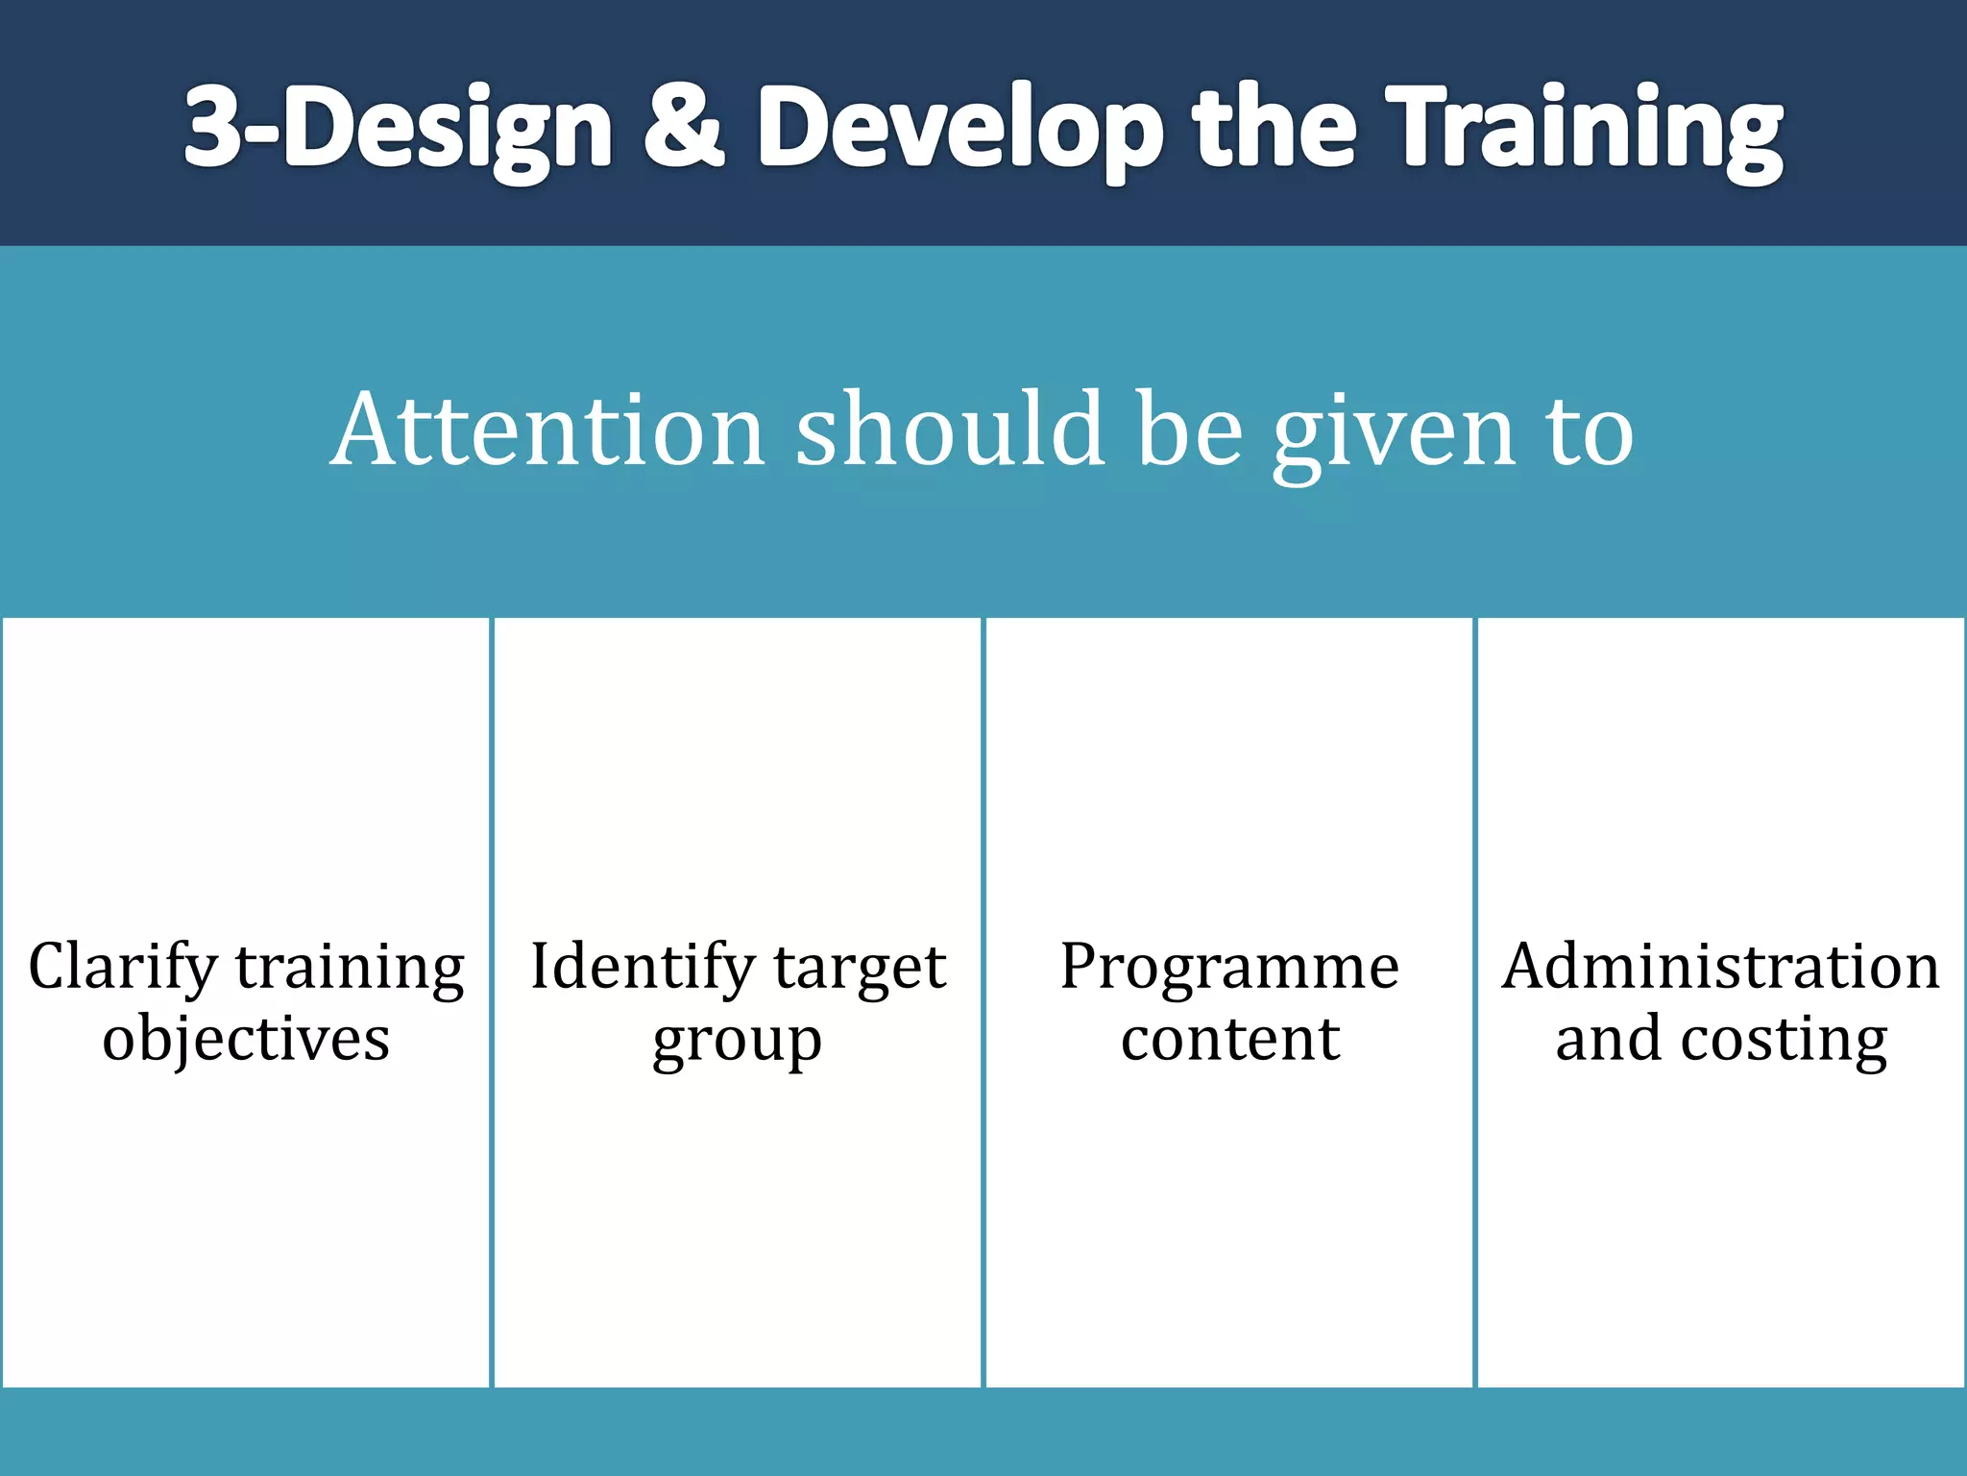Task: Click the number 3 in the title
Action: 213,127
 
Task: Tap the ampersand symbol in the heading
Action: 683,127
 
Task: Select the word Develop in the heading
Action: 959,130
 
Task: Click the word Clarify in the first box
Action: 123,967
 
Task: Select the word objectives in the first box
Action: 246,1039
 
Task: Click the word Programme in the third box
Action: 1229,967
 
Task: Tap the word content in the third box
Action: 1229,1039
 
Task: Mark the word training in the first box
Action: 350,969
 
